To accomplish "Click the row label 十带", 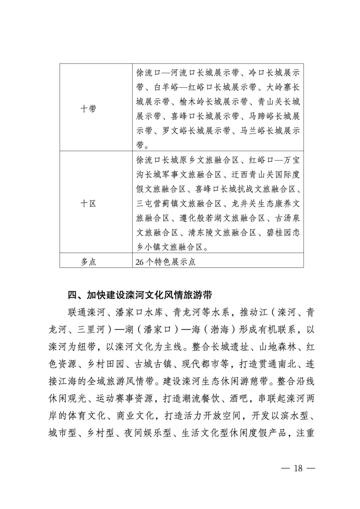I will pyautogui.click(x=88, y=109).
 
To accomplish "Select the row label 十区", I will pyautogui.click(x=88, y=203).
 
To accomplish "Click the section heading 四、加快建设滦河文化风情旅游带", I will pyautogui.click(x=140, y=295).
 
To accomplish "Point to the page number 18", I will pyautogui.click(x=298, y=468).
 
